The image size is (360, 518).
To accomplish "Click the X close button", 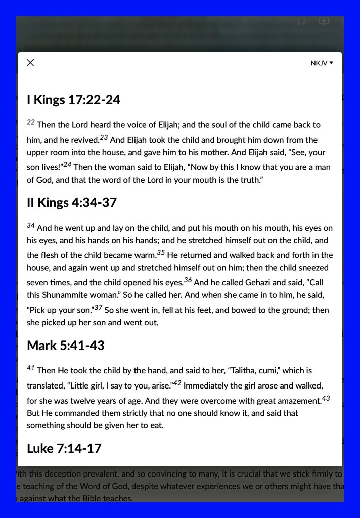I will pos(30,62).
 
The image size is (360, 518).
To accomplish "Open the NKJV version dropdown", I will pos(322,63).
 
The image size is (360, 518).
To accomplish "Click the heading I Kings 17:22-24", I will pos(73,100).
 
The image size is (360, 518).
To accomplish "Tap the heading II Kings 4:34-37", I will pos(72,203).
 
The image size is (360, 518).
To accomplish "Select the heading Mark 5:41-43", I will pos(66,346).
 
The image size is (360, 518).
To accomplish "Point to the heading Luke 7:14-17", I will pos(64,448).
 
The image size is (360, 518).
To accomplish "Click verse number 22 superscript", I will pos(31,122).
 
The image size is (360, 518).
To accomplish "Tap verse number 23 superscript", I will pos(104,137).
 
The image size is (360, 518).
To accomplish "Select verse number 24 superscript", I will pos(67,164).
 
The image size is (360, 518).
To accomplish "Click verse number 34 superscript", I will pos(31,226).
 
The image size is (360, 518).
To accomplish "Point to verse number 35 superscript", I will pos(161,252).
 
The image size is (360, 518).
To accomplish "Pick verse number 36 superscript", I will pos(188,280).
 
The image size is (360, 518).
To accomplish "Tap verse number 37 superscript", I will pos(98,307).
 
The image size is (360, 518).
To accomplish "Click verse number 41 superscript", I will pos(31,368).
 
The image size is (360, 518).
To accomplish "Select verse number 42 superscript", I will pos(177,383).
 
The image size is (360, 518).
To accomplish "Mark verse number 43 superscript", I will pos(326,398).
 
